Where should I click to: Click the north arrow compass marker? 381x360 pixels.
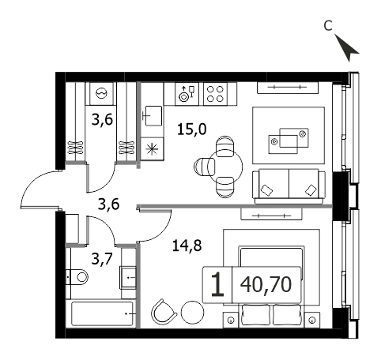point(347,48)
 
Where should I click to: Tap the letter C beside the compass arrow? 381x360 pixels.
point(328,26)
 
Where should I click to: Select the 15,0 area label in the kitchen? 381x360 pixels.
point(192,129)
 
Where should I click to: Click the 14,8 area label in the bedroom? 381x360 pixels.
point(187,246)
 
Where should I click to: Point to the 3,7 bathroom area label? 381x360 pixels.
point(102,259)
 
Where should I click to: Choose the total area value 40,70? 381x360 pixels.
point(266,285)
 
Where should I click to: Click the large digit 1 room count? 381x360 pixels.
point(217,285)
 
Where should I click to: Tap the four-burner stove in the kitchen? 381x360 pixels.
point(215,94)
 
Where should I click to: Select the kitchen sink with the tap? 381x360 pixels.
point(152,115)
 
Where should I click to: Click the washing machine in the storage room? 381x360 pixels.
point(101,93)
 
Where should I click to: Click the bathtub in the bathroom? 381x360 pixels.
point(103,313)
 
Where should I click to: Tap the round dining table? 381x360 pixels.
point(225,167)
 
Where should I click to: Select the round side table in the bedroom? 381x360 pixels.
point(193,313)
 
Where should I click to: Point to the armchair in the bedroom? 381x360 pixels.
point(164,312)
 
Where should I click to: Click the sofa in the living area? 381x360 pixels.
point(289,186)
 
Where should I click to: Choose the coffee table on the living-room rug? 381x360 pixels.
point(289,141)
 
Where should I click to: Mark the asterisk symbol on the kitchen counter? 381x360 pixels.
point(153,149)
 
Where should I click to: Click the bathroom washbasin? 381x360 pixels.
point(128,278)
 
